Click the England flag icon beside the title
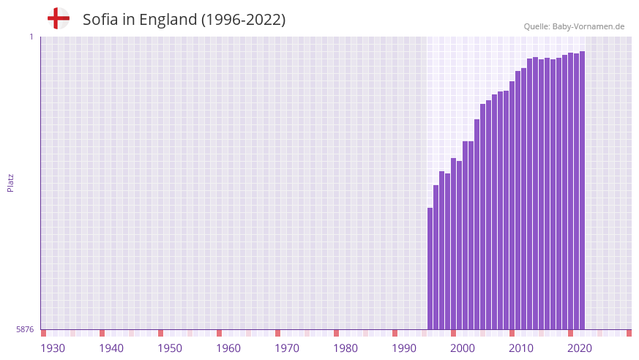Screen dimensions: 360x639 tap(58, 19)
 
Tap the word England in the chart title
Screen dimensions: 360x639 tap(170, 20)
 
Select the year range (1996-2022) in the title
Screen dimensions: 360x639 tap(244, 20)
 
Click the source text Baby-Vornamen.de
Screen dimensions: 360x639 tap(588, 26)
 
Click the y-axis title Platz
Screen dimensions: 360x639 tap(10, 183)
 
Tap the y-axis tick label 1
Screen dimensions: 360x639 tap(31, 37)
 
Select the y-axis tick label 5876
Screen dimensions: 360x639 tap(25, 330)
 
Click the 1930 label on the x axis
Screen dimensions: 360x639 tap(53, 348)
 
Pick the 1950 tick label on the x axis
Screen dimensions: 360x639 tap(170, 348)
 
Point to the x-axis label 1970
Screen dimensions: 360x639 tap(287, 348)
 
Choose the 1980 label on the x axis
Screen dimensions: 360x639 tap(345, 348)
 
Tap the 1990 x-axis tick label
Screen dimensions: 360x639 tap(404, 348)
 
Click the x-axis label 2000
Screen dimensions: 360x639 tap(463, 348)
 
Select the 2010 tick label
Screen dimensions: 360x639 tap(521, 348)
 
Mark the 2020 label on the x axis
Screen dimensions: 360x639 tap(580, 348)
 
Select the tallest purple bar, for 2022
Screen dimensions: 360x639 tap(582, 190)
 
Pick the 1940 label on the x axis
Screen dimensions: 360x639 tap(111, 348)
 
